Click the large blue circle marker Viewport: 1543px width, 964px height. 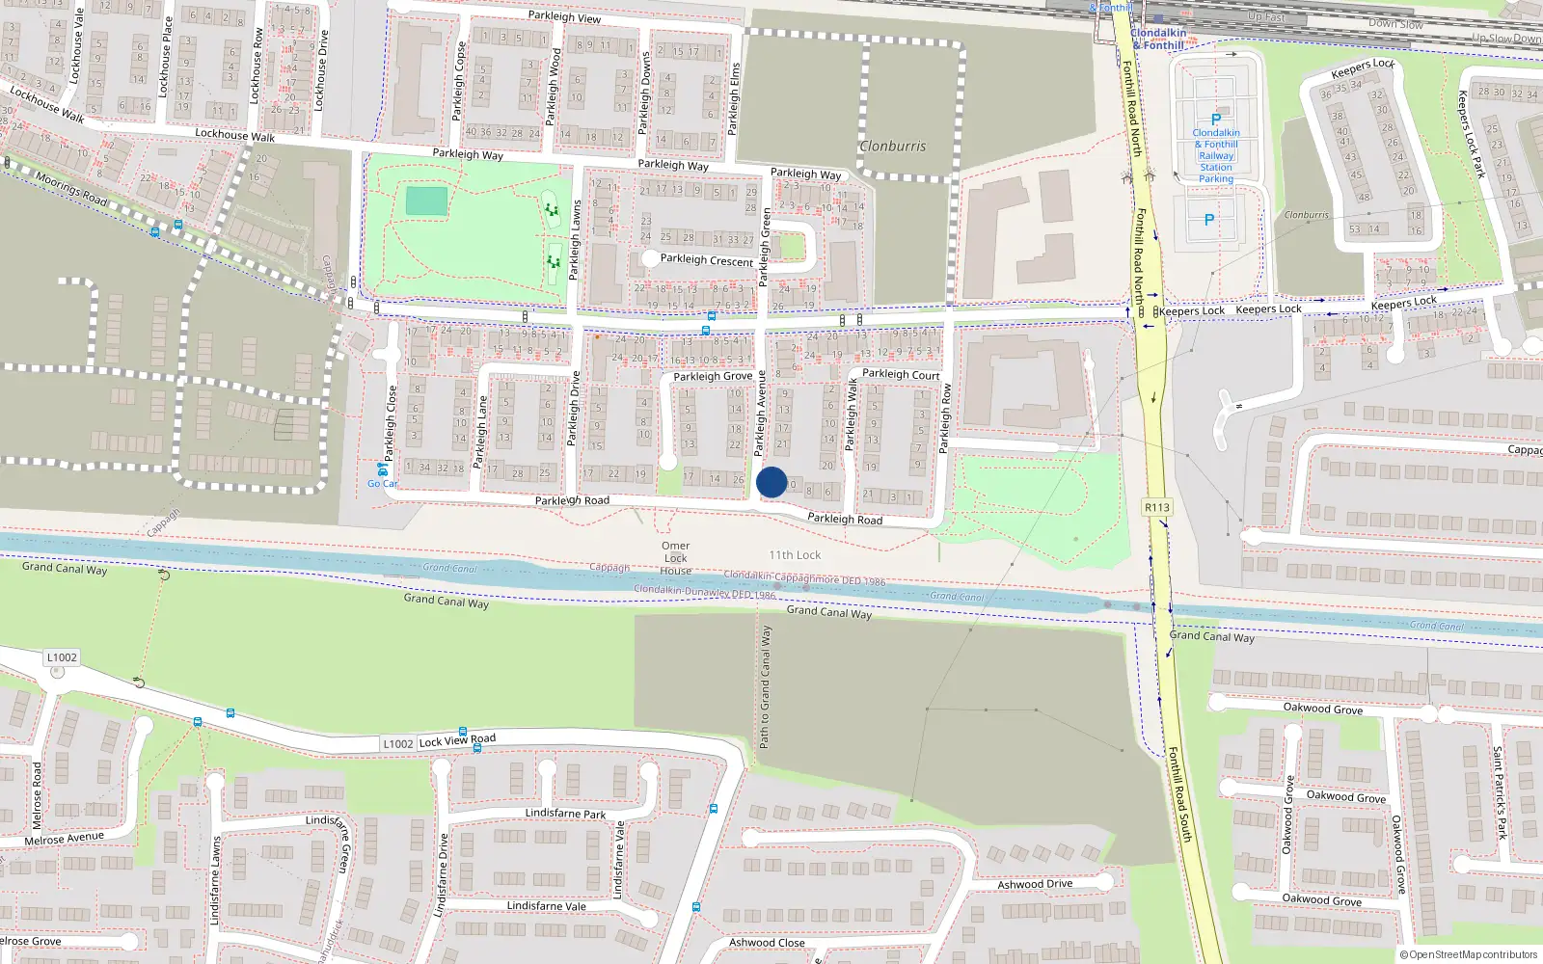pyautogui.click(x=771, y=482)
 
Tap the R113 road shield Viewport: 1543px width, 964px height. pyautogui.click(x=1156, y=507)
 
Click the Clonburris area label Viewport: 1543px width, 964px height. pyautogui.click(x=892, y=147)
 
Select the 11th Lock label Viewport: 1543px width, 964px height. pyautogui.click(x=795, y=555)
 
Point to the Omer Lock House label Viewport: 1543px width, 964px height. pyautogui.click(x=675, y=558)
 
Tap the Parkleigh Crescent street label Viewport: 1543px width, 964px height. pyautogui.click(x=706, y=260)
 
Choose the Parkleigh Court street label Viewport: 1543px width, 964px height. pyautogui.click(x=901, y=374)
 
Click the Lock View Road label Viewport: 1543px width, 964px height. pyautogui.click(x=457, y=740)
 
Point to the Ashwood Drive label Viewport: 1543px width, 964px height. pyautogui.click(x=1035, y=884)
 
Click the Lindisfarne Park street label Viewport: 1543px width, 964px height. pyautogui.click(x=565, y=813)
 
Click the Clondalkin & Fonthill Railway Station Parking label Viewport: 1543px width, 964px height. pyautogui.click(x=1216, y=156)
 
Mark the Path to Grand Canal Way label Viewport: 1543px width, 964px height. pyautogui.click(x=765, y=686)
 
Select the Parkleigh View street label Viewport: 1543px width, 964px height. pyautogui.click(x=564, y=16)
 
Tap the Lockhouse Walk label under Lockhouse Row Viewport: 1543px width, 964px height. pyautogui.click(x=234, y=135)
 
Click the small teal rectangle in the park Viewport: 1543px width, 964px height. pyautogui.click(x=426, y=201)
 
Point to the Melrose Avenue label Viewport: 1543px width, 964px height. pyautogui.click(x=64, y=839)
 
